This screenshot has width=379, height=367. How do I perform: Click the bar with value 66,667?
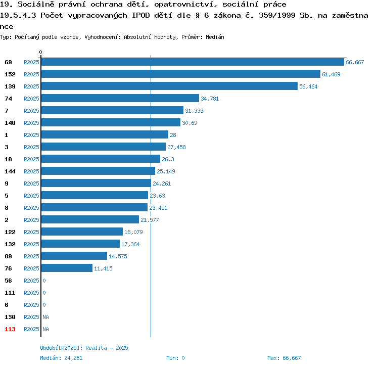point(193,62)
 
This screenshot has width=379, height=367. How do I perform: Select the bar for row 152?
point(180,74)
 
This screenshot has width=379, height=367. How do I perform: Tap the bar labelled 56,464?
point(169,86)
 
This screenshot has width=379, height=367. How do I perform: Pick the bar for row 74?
point(120,99)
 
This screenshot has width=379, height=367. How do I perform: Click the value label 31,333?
point(194,111)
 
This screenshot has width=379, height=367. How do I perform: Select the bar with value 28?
point(105,135)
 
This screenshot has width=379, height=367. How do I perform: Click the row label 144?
point(10,171)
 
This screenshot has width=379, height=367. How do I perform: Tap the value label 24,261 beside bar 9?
point(162,183)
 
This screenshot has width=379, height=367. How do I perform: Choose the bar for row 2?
point(90,220)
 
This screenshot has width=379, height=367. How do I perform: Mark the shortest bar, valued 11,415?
point(67,268)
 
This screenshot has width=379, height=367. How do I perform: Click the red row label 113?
point(10,329)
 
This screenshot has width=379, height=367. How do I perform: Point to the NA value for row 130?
point(45,317)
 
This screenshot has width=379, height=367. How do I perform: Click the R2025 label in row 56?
point(31,281)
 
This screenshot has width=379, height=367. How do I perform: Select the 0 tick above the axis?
point(41,52)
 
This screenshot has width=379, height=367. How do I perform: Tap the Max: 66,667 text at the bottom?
point(284,358)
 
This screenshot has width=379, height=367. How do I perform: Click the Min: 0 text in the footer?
point(175,358)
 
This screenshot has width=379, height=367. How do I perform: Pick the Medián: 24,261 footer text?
point(61,358)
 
